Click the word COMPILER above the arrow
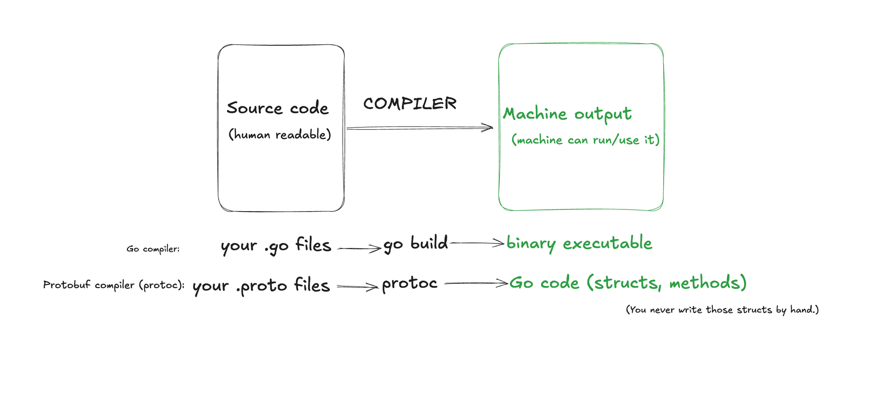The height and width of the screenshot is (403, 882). click(410, 104)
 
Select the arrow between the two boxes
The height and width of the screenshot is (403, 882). click(419, 128)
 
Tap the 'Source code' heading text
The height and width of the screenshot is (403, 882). click(277, 108)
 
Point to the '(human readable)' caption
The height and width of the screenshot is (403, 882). click(280, 134)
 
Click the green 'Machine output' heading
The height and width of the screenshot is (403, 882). click(567, 114)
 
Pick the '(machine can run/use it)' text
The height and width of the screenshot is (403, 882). click(585, 140)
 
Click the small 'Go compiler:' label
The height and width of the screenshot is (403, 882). click(153, 249)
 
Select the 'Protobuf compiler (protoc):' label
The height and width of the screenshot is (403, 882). click(114, 285)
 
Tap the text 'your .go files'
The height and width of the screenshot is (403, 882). click(276, 246)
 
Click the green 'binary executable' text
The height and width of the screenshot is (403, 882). click(579, 243)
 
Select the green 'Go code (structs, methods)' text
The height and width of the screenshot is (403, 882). click(628, 283)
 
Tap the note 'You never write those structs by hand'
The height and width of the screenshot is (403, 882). click(722, 310)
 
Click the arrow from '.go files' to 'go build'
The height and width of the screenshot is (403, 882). click(359, 249)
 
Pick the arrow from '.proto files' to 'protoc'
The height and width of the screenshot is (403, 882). click(357, 287)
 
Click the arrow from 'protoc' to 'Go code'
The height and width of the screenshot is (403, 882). click(476, 284)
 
